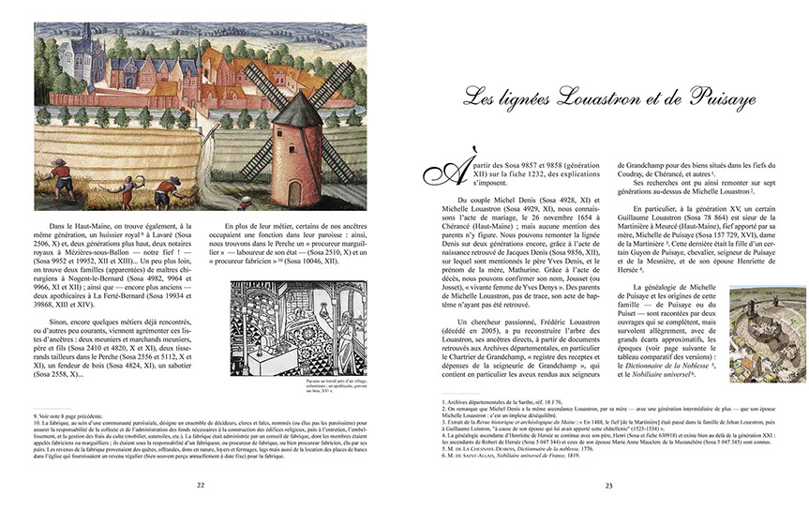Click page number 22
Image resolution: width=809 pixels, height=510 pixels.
201,486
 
